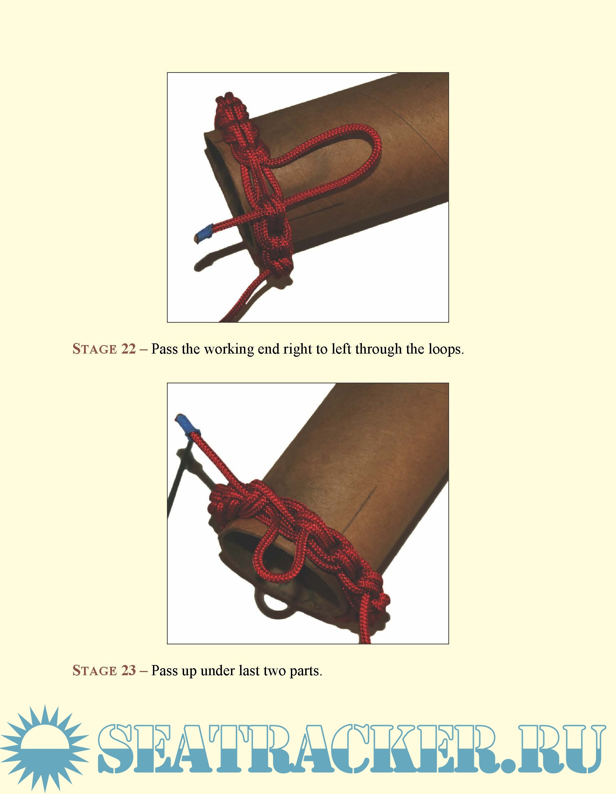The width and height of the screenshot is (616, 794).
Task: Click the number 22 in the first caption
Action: [x=128, y=349]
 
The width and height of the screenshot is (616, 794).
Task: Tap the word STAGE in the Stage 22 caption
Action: [x=94, y=349]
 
